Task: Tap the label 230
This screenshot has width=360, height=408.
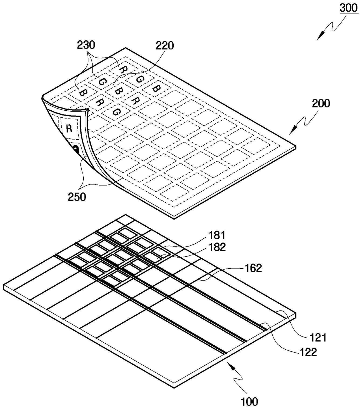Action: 86,45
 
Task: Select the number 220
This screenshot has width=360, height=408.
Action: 165,46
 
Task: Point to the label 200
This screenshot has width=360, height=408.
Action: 321,103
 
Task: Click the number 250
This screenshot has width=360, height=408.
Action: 77,197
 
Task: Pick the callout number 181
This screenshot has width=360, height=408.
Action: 217,235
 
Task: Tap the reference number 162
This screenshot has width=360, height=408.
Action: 253,268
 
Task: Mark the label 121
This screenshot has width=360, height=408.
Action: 318,337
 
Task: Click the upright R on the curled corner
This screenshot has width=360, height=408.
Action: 69,128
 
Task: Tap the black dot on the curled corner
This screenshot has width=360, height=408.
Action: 76,149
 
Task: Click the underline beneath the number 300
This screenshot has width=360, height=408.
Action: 349,14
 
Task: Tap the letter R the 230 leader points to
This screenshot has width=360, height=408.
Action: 123,70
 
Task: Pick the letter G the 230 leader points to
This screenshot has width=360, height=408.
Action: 102,82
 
